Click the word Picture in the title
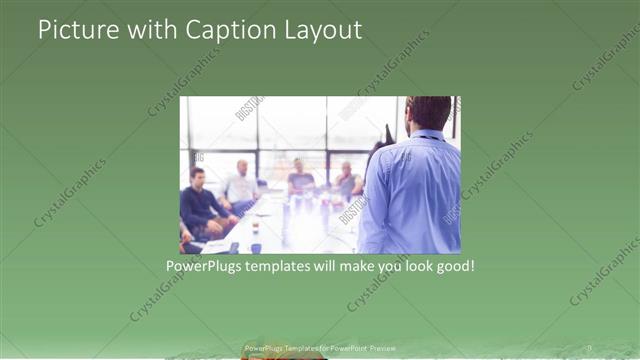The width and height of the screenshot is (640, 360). click(76, 30)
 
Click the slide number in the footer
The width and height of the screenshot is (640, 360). click(589, 348)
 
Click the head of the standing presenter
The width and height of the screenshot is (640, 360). click(430, 112)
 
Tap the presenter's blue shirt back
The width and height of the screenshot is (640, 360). click(412, 195)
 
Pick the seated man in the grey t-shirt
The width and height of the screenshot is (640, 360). click(300, 180)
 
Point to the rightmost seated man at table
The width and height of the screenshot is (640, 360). click(346, 181)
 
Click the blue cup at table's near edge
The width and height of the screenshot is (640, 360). click(255, 246)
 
